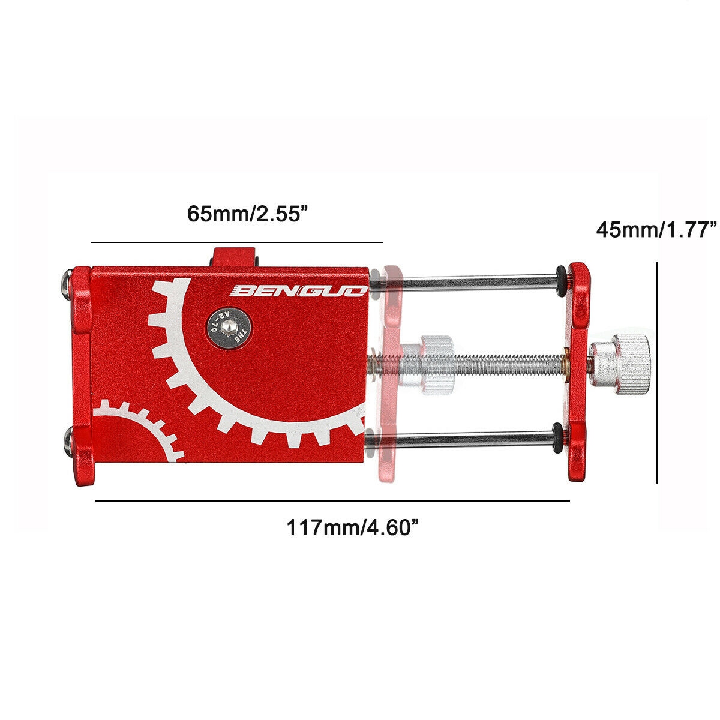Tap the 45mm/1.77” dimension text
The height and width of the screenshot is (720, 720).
[x=656, y=230]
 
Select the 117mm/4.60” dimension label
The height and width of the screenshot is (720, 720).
[x=352, y=528]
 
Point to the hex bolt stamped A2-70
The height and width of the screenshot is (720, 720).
[x=229, y=329]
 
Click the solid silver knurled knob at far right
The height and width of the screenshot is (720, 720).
[x=620, y=364]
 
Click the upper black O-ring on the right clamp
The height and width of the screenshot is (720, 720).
[x=560, y=281]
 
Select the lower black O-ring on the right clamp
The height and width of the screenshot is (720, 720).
[x=558, y=437]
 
